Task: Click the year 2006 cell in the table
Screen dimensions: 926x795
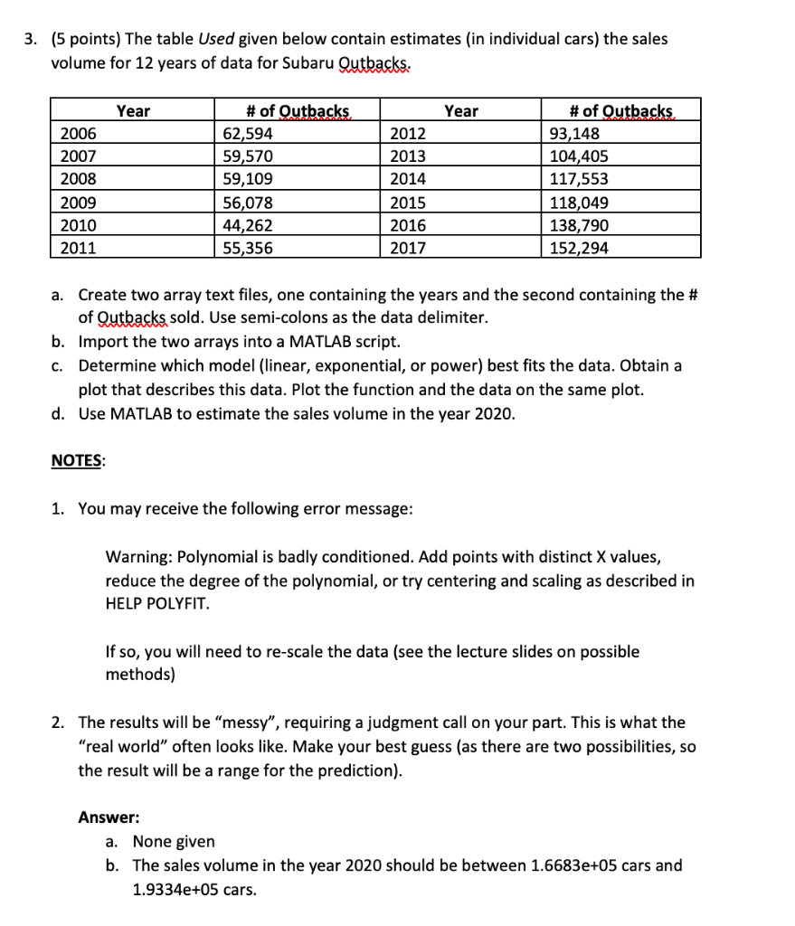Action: tap(77, 134)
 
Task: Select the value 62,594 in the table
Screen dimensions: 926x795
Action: tap(249, 134)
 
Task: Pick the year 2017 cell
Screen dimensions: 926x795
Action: tap(405, 248)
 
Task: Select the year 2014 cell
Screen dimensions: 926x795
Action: tap(405, 179)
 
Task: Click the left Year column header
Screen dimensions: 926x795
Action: tap(133, 111)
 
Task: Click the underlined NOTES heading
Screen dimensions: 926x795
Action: tap(77, 460)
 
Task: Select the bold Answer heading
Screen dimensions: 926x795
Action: tap(109, 817)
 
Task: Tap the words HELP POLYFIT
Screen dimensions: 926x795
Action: tap(157, 602)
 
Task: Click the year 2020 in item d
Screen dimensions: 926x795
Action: tap(494, 414)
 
